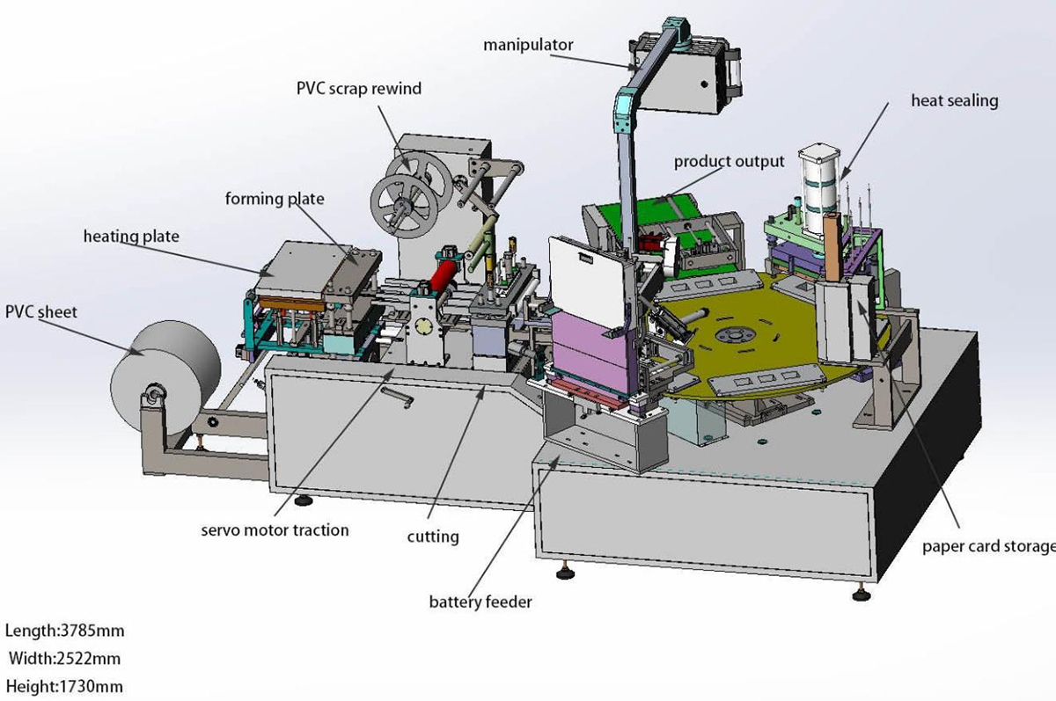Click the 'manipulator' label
[528, 44]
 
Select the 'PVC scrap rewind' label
[358, 89]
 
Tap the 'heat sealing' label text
[954, 100]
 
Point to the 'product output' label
[729, 162]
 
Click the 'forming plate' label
[274, 199]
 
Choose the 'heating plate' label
[131, 237]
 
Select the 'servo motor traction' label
[275, 529]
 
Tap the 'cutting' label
[432, 536]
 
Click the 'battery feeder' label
[480, 602]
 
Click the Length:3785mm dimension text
[64, 631]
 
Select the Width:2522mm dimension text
[64, 658]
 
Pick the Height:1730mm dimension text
[64, 686]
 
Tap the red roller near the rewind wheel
[445, 273]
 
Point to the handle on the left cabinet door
[397, 398]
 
